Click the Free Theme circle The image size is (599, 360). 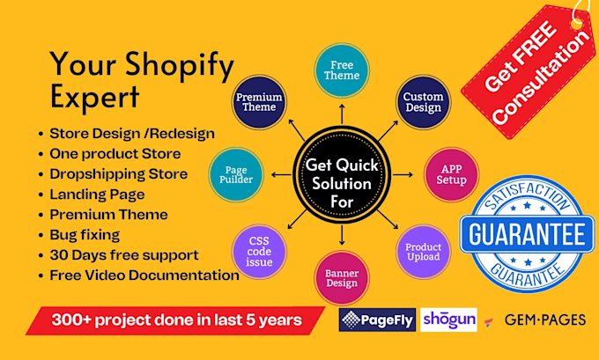342,70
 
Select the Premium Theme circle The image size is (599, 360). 259,102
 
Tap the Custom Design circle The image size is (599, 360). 424,102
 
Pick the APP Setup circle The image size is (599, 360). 451,174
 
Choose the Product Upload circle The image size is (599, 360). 424,252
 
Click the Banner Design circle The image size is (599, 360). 342,278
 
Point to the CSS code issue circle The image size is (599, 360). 259,252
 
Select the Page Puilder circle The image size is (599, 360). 236,174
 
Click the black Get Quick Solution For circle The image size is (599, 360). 342,174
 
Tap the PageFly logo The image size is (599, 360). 377,320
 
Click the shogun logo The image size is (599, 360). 448,320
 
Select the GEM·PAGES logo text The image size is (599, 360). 545,320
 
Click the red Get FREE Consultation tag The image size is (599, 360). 529,71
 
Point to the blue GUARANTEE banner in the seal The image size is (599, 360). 527,234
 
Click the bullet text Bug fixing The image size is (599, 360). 85,235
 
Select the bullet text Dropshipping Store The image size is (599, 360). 118,173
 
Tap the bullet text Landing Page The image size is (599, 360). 97,195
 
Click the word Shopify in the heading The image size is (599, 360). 180,65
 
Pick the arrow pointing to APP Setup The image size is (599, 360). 403,175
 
